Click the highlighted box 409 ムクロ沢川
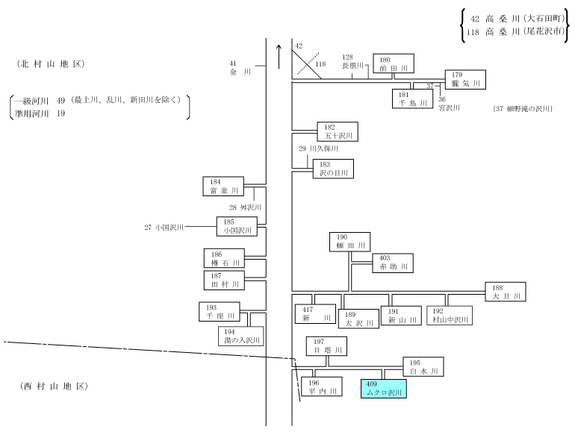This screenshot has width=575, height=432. click(x=384, y=389)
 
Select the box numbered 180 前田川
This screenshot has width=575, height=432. click(x=394, y=63)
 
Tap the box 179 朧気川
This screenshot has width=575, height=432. click(x=465, y=80)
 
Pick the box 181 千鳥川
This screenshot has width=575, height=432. click(x=412, y=99)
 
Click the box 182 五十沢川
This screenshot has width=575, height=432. click(x=338, y=131)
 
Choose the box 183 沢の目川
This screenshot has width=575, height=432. click(x=333, y=169)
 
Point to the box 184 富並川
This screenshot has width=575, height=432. click(x=223, y=186)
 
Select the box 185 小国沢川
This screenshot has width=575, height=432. click(x=237, y=226)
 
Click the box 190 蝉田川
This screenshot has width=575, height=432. click(x=349, y=242)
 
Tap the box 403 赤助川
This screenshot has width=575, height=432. click(x=393, y=263)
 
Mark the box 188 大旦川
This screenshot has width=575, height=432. click(x=506, y=292)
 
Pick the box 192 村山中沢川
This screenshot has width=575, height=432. click(x=450, y=316)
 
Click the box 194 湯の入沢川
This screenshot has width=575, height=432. click(x=241, y=336)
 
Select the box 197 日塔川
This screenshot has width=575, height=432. click(x=327, y=346)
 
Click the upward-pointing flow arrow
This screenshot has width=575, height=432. click(x=279, y=57)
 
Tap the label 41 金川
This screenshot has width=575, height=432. click(x=240, y=68)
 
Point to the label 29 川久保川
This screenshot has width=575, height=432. click(x=318, y=148)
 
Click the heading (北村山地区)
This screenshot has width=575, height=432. click(x=51, y=64)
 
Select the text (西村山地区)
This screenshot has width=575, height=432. click(x=54, y=386)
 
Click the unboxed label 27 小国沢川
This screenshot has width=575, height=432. click(x=164, y=227)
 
